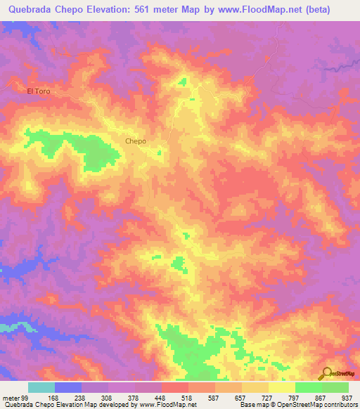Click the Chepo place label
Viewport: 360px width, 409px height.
tap(136, 141)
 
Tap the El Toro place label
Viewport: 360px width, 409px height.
tap(39, 91)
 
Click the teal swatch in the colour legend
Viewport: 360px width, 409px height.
tap(41, 387)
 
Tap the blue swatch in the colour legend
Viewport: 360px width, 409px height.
tap(68, 387)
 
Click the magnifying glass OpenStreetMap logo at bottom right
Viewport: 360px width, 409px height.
tap(327, 373)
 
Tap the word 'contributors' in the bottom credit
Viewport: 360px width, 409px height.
tap(341, 405)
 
